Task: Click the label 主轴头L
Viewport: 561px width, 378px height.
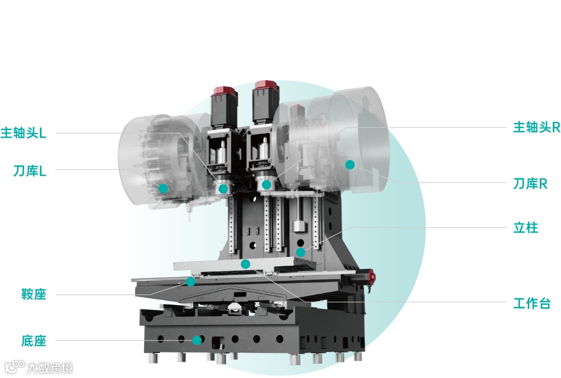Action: [x=23, y=133]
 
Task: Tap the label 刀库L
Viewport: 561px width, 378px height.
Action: [x=30, y=171]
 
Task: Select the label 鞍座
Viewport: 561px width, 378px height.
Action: [x=34, y=294]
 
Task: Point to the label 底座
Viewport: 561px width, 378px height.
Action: [x=34, y=341]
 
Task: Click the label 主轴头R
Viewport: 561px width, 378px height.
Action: [x=536, y=127]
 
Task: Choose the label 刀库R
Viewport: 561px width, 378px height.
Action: [x=530, y=184]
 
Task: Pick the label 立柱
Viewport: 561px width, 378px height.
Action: [x=526, y=228]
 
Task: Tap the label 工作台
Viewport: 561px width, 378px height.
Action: [x=532, y=303]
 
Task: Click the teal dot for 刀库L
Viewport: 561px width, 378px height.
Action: [x=163, y=188]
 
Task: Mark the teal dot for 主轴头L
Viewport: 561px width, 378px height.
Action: [x=223, y=189]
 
